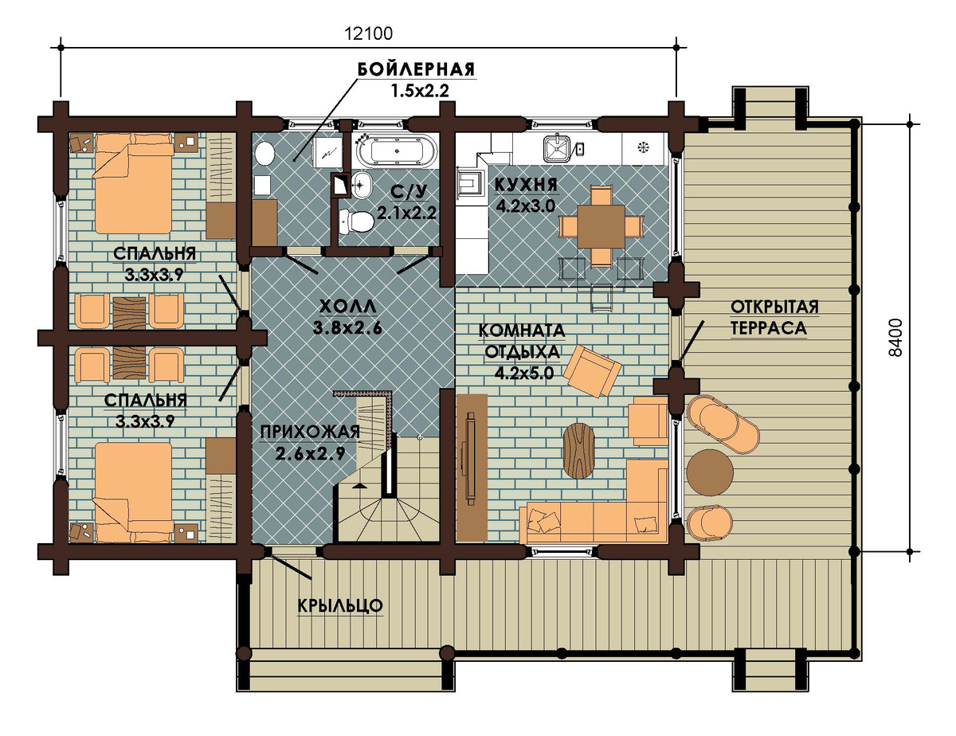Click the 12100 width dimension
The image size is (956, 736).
pyautogui.click(x=368, y=34)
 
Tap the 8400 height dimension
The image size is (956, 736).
pyautogui.click(x=895, y=337)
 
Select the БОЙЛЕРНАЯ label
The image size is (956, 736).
pyautogui.click(x=416, y=69)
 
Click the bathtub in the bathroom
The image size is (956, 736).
pyautogui.click(x=397, y=150)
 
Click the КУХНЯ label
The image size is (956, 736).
pyautogui.click(x=526, y=186)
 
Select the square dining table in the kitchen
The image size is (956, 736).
pyautogui.click(x=601, y=226)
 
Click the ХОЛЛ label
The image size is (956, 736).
pyautogui.click(x=347, y=307)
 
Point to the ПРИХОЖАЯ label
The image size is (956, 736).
pyautogui.click(x=310, y=433)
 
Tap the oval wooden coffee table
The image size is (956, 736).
pyautogui.click(x=579, y=450)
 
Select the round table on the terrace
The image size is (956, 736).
pyautogui.click(x=709, y=472)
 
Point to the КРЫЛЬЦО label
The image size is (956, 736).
pyautogui.click(x=340, y=605)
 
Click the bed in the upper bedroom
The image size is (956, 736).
pyautogui.click(x=133, y=183)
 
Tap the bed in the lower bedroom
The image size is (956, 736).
pyautogui.click(x=133, y=492)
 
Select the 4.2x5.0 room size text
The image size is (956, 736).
pyautogui.click(x=523, y=373)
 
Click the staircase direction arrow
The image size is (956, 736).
pyautogui.click(x=359, y=486)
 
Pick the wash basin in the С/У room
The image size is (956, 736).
pyautogui.click(x=361, y=185)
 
